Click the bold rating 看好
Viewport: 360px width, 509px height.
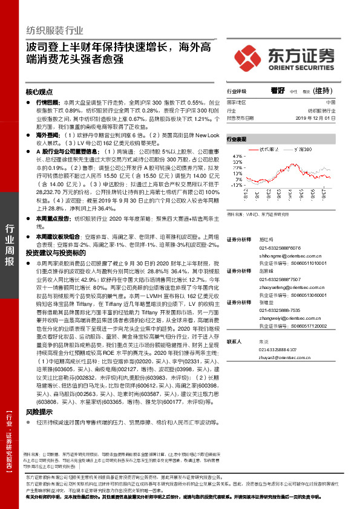point(278,90)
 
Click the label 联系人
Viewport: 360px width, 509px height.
point(234,342)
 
